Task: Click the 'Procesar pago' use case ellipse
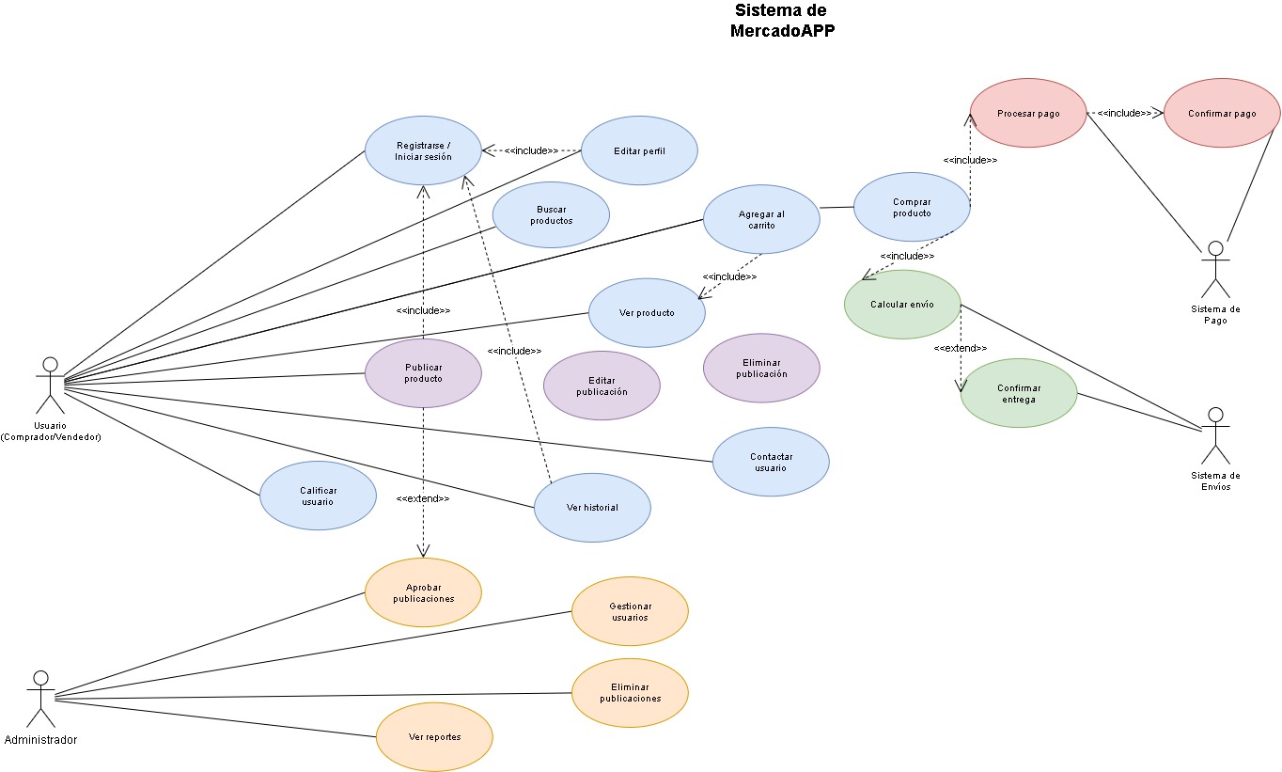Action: [1027, 114]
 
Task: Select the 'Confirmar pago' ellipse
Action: [1222, 114]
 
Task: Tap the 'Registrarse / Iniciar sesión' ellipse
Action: [423, 150]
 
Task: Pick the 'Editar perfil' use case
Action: [639, 150]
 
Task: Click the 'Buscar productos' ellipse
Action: [551, 214]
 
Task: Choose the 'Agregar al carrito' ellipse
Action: [761, 219]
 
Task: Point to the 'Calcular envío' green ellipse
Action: [902, 305]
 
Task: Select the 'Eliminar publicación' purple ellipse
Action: [761, 368]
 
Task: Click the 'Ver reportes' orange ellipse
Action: [434, 737]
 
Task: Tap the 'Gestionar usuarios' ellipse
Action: [630, 611]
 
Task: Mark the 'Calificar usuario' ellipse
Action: [318, 496]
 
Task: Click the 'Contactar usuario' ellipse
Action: [771, 462]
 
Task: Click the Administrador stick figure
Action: [40, 698]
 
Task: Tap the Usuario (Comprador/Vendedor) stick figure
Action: [50, 384]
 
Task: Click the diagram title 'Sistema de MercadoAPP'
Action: [782, 20]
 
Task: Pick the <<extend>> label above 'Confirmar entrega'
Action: [960, 348]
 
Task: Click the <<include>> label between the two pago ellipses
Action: [1124, 113]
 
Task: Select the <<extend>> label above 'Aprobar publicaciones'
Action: [422, 498]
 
